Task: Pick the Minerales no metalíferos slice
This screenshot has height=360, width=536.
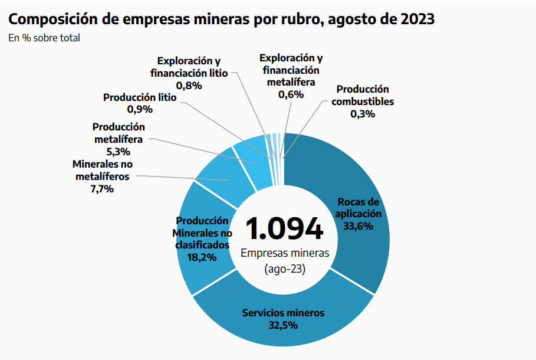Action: coord(215,171)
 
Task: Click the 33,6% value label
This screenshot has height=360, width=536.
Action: coord(360,225)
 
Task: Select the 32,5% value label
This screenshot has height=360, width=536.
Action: coord(283,324)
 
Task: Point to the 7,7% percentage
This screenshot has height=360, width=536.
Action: coord(101,189)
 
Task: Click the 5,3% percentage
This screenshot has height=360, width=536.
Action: coord(119,152)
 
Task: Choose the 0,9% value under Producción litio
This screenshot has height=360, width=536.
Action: coord(140,109)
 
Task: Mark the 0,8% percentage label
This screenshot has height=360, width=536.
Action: coord(189,86)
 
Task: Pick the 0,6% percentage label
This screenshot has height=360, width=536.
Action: coord(291,94)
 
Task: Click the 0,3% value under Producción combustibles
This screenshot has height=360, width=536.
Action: coord(363,114)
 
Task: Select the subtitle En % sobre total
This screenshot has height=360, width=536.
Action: coord(44,38)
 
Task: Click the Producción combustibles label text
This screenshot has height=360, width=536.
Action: coord(363,95)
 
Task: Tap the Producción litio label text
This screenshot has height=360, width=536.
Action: coord(140,97)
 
